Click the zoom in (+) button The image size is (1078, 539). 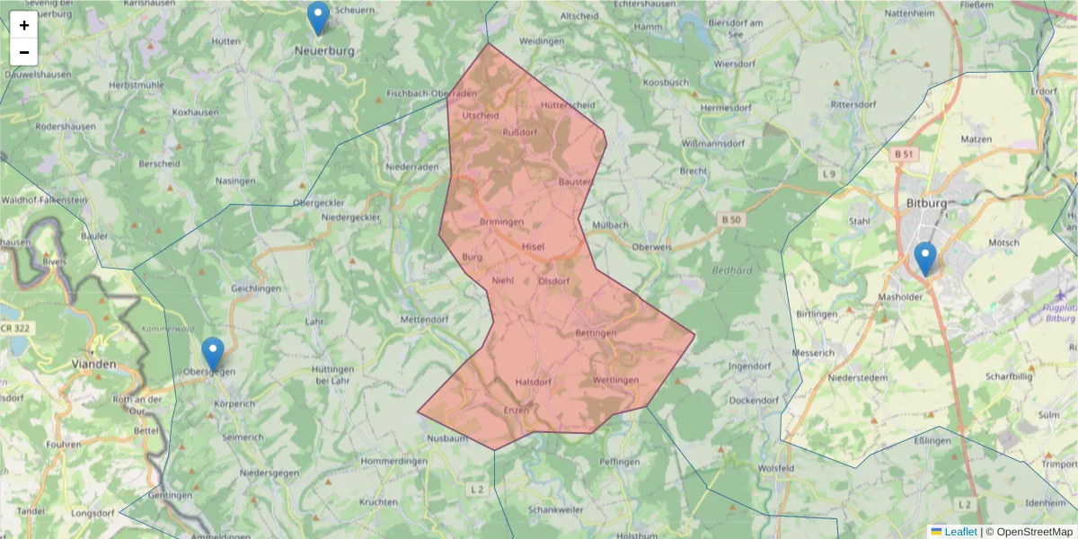pyautogui.click(x=24, y=25)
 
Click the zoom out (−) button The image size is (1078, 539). pyautogui.click(x=24, y=52)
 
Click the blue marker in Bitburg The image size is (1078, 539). pyautogui.click(x=924, y=260)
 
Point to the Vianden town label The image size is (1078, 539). pyautogui.click(x=93, y=364)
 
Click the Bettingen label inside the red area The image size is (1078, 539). pyautogui.click(x=596, y=334)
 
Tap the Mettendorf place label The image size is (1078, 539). pyautogui.click(x=423, y=319)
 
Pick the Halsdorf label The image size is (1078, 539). pyautogui.click(x=533, y=383)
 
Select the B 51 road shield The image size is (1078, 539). pyautogui.click(x=904, y=155)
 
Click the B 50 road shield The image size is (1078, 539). pyautogui.click(x=732, y=218)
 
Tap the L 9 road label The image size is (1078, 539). pyautogui.click(x=828, y=172)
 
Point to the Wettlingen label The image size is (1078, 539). pyautogui.click(x=615, y=380)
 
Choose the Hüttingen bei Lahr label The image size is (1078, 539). pyautogui.click(x=334, y=376)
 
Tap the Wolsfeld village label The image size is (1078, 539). pyautogui.click(x=776, y=468)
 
